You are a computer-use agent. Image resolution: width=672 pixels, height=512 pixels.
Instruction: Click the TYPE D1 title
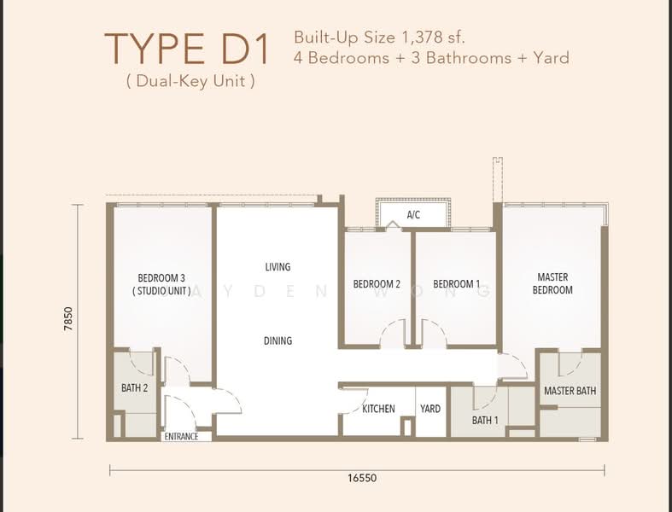click(x=186, y=49)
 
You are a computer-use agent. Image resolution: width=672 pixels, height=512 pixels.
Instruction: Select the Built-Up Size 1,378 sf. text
click(x=380, y=37)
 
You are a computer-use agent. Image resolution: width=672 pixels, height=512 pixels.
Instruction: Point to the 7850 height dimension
click(x=67, y=323)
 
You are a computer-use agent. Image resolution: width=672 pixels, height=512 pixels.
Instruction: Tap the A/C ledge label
click(x=413, y=215)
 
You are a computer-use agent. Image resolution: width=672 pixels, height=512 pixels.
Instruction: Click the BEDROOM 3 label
click(x=161, y=278)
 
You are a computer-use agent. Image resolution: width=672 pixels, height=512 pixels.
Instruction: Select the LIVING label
click(x=278, y=267)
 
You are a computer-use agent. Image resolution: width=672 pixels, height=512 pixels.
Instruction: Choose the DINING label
click(x=278, y=340)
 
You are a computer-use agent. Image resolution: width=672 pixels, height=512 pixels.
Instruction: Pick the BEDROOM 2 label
click(x=377, y=284)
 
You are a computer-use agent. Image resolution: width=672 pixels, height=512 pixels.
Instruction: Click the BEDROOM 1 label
click(x=456, y=284)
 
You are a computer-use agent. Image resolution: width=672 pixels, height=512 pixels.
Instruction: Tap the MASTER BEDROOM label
click(x=552, y=283)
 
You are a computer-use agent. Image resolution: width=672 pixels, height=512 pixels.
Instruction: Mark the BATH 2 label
click(x=135, y=388)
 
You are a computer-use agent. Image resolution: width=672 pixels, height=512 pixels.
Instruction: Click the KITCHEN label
click(x=378, y=409)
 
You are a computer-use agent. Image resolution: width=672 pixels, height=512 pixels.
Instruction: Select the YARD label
click(x=430, y=409)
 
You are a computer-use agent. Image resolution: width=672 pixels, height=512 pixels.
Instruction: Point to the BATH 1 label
click(x=485, y=420)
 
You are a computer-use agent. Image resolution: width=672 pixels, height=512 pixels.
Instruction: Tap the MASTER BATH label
click(x=570, y=391)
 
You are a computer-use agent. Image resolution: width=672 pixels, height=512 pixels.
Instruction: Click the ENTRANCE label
click(x=182, y=436)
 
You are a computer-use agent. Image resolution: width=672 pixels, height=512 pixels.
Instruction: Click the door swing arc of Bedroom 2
click(x=393, y=332)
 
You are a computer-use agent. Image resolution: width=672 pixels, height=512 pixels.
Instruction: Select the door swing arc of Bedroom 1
click(x=433, y=332)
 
